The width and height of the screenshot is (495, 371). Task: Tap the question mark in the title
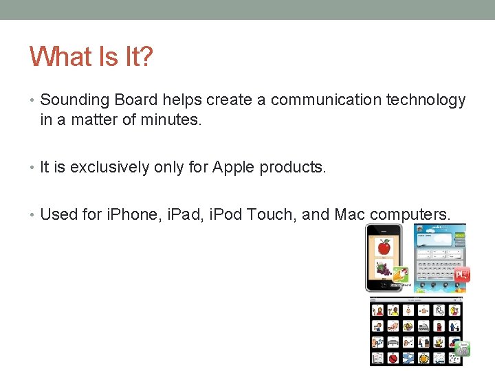point(146,57)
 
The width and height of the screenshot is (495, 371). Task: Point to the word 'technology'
point(426,100)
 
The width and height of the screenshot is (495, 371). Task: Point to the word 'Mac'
point(350,214)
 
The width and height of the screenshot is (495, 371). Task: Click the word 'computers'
point(410,214)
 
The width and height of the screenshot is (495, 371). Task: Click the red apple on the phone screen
point(384,246)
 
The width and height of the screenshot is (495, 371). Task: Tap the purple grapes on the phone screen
point(382,269)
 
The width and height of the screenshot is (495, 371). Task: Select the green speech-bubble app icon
point(463,349)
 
